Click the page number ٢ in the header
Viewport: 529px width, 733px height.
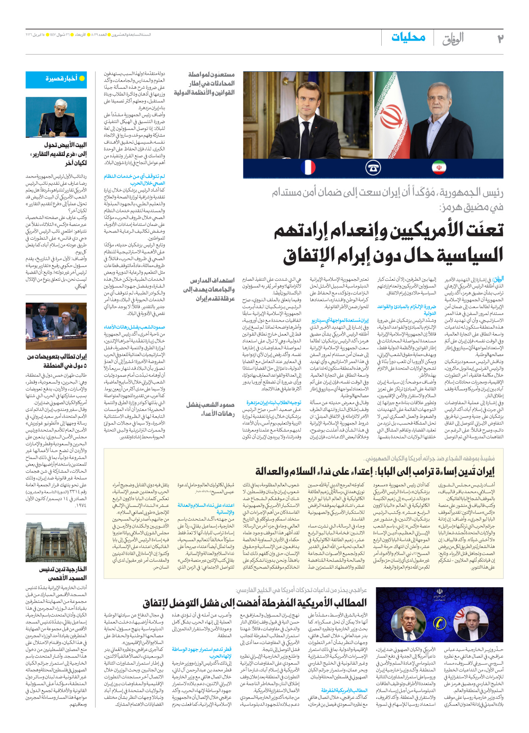500,39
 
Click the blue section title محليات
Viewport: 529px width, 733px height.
408,37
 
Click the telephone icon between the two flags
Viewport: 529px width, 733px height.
373,167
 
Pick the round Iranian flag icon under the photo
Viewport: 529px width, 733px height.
439,167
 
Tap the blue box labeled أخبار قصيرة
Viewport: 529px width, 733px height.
56,79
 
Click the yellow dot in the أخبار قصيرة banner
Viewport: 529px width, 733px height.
82,79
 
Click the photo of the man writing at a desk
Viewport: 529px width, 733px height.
56,117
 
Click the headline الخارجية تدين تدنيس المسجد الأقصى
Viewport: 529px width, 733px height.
63,573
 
